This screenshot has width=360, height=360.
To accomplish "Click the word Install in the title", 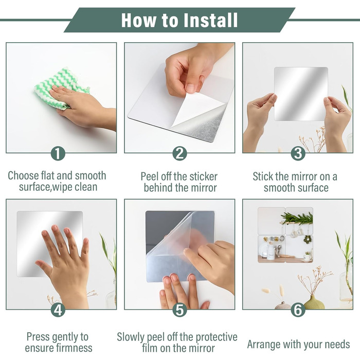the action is [211, 20].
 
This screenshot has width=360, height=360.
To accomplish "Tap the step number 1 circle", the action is [58, 153].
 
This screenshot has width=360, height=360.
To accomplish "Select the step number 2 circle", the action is [180, 153].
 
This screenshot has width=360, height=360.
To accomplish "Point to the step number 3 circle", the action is [298, 153].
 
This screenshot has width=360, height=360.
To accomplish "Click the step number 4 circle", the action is [58, 310].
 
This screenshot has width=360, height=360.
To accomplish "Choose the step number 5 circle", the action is [180, 310].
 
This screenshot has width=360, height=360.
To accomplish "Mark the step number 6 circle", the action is [298, 310].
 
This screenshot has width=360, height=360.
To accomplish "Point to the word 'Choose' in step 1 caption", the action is [23, 176].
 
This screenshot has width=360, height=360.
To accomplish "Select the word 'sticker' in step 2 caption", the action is [203, 176].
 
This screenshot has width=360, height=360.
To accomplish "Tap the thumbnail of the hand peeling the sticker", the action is [179, 98].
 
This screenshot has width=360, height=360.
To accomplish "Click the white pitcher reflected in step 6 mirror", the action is [271, 252].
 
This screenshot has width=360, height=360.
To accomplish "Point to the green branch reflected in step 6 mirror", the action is [297, 218].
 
